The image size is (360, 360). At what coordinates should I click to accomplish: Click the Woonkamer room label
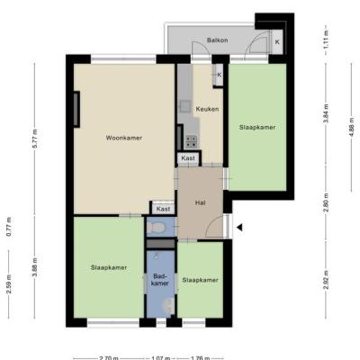coord(124,138)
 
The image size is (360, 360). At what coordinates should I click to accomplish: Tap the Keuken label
coord(207,109)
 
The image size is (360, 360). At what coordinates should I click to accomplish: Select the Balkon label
coord(218,40)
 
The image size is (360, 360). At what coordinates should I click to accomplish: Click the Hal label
coord(200,203)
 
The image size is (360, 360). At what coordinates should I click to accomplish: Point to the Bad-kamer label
coord(160,279)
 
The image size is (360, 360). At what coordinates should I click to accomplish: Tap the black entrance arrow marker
coord(239,228)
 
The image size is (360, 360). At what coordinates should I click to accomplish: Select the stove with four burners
coord(191,141)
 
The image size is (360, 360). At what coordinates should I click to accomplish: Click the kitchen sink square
coord(185,106)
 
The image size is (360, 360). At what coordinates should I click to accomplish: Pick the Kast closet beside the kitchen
coord(188,158)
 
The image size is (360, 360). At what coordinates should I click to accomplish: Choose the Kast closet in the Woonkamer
coord(163,209)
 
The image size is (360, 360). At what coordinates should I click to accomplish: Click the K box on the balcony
coord(277,42)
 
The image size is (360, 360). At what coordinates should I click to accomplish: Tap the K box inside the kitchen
coord(219,75)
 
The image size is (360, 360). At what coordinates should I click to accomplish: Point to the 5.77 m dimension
coord(35,139)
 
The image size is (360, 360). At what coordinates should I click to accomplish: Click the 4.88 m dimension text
coord(352,126)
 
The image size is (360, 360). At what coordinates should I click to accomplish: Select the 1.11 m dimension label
coord(326,40)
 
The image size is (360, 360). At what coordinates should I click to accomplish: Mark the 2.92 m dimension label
coord(326,280)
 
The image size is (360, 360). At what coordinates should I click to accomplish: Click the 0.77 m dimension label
coord(9,227)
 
